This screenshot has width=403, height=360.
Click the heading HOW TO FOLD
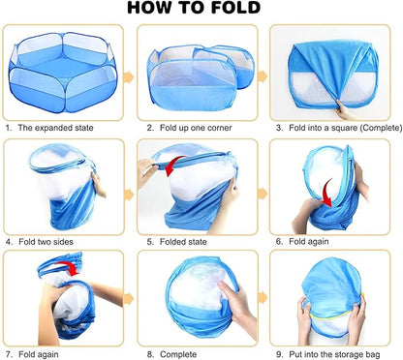click(x=194, y=8)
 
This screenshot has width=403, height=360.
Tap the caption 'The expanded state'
click(x=55, y=128)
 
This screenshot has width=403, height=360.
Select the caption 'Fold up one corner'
click(x=196, y=128)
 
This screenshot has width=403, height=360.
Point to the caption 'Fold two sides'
click(x=46, y=242)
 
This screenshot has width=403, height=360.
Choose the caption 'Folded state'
click(x=183, y=242)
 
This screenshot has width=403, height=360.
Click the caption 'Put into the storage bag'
click(x=334, y=354)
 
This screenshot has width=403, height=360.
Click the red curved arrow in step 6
click(x=327, y=194)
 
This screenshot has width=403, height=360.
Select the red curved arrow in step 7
click(x=68, y=266)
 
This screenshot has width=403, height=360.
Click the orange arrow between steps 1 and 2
click(x=129, y=77)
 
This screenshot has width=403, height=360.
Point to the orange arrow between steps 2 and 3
click(x=263, y=76)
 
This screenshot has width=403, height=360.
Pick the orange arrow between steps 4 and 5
click(x=129, y=195)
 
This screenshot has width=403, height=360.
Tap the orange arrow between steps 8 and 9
click(x=263, y=298)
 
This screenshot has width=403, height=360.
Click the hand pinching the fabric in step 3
click(x=345, y=110)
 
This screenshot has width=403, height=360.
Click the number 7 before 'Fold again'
click(x=8, y=354)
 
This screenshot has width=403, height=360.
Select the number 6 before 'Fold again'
click(x=278, y=242)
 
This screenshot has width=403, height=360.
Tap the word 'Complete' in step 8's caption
click(x=178, y=354)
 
